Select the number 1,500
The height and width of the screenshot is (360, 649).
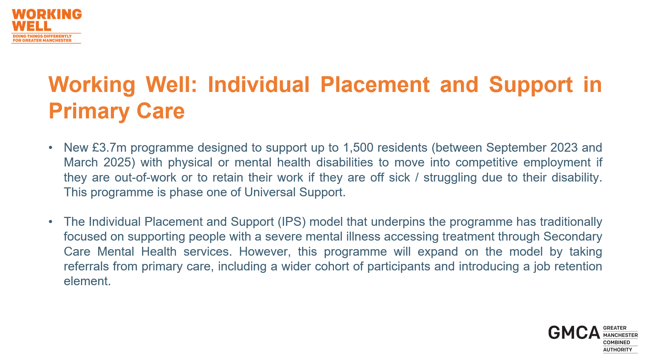[358, 148]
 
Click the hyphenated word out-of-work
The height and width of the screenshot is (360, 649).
[146, 177]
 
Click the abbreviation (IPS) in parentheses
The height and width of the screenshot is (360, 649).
[292, 222]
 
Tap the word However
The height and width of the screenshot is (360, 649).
[265, 252]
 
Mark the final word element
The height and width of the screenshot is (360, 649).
[87, 281]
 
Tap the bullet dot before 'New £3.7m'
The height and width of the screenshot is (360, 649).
[51, 148]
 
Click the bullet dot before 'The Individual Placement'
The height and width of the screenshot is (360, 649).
[51, 222]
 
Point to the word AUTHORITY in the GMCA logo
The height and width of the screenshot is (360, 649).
[617, 350]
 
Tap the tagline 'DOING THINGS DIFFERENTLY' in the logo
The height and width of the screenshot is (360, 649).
[42, 36]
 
